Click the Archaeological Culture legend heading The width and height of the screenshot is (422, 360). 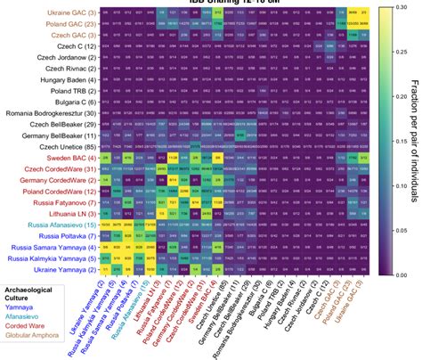coord(40,290)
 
